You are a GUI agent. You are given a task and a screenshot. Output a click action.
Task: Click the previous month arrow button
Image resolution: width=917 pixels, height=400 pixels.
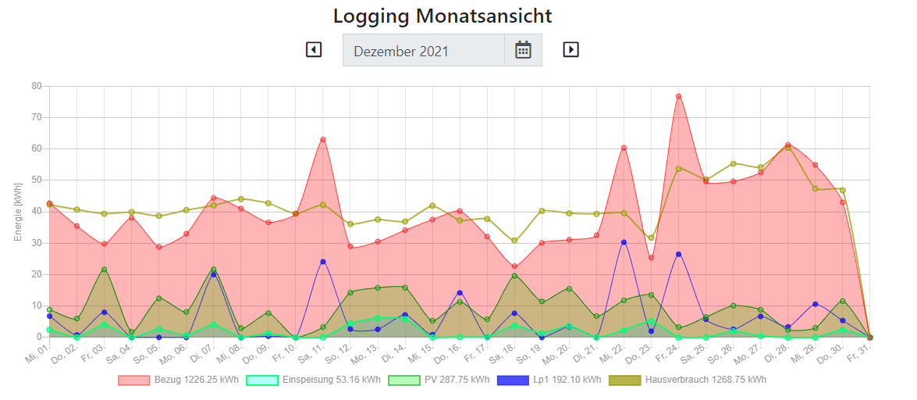coord(314,50)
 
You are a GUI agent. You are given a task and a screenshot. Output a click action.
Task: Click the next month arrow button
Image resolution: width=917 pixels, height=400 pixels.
coord(570,50)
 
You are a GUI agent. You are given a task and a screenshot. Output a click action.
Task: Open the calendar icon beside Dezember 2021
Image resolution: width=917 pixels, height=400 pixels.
coord(523,51)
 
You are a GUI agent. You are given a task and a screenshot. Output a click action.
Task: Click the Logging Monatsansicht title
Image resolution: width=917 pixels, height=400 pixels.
coord(443,16)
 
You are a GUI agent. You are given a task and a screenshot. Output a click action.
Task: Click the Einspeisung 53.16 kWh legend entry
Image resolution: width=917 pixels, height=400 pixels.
coord(313,380)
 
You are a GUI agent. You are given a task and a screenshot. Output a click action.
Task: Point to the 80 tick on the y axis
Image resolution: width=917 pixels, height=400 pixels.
coord(36,86)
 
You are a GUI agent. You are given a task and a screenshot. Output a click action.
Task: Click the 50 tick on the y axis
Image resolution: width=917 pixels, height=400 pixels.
coord(36,180)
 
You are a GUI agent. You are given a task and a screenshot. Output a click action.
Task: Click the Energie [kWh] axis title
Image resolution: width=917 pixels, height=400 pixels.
coord(18,212)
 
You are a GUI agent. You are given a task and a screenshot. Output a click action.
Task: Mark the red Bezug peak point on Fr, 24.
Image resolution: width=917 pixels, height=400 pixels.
coord(679,96)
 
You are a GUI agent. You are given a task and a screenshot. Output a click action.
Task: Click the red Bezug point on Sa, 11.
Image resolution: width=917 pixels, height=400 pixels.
coord(323,140)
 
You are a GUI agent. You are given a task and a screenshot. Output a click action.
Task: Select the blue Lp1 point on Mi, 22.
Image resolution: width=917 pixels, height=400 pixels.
coord(624,242)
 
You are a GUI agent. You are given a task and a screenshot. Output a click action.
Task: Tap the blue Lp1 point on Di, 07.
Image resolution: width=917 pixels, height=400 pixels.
coord(213,274)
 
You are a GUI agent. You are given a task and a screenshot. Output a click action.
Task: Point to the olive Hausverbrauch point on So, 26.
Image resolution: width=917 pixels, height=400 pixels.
coord(734,164)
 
